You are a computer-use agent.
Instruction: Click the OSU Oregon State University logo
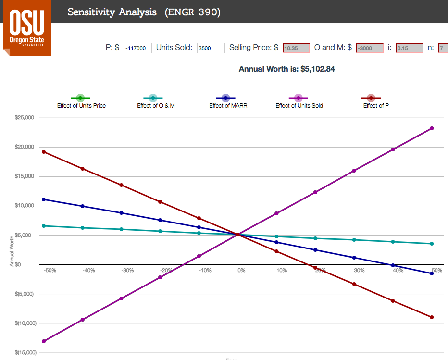[x=26, y=28]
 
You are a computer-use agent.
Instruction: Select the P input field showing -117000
[x=137, y=48]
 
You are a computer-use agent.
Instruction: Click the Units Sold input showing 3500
[x=211, y=48]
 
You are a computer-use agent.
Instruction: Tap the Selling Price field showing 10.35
[x=296, y=48]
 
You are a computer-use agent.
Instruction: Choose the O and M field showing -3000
[x=369, y=48]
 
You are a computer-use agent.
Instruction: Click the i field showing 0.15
[x=409, y=48]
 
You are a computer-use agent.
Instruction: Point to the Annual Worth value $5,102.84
[x=317, y=69]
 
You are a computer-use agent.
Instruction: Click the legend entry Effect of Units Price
[x=81, y=101]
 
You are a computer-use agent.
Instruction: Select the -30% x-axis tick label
[x=127, y=271]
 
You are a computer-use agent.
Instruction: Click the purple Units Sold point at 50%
[x=432, y=128]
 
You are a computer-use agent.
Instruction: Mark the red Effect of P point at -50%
[x=44, y=152]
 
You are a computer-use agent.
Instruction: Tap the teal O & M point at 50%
[x=432, y=244]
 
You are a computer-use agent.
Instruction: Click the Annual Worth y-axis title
[x=12, y=250]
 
